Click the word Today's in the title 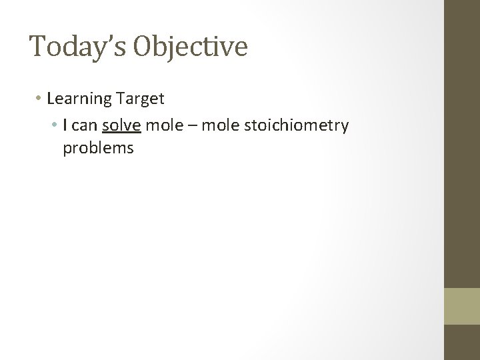click(x=77, y=47)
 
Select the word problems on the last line click(x=98, y=148)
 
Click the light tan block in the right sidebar click(x=463, y=306)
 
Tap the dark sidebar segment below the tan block click(x=463, y=342)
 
